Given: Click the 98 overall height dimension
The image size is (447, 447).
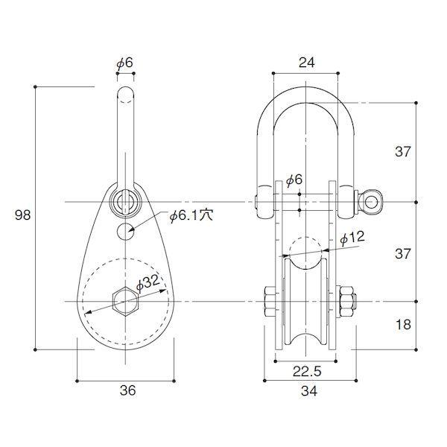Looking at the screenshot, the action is (22, 215).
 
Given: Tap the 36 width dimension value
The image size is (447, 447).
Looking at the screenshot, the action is (127, 390).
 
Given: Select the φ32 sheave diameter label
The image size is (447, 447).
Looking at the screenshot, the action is (148, 283).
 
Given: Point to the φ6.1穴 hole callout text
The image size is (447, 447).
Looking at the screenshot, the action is (191, 216).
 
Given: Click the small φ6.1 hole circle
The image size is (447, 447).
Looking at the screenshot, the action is (125, 232).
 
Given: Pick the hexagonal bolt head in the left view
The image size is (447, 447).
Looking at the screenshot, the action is (125, 301).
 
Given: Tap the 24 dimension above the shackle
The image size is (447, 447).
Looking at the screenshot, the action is (307, 63).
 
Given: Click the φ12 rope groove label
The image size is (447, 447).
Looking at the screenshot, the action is (352, 238).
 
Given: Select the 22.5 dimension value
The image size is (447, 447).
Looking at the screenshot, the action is (307, 371).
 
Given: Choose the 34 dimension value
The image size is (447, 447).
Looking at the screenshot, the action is (309, 391).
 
